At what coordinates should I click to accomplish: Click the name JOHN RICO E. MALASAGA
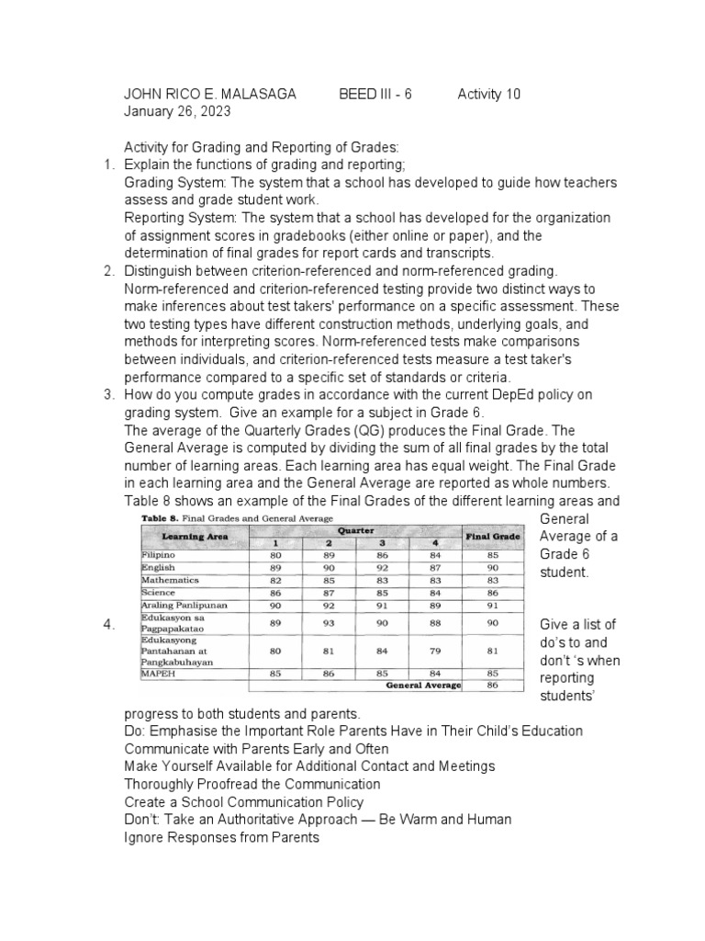(210, 95)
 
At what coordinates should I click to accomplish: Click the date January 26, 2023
(177, 112)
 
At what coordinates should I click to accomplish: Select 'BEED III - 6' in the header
(375, 95)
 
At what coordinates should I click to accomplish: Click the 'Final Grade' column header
(493, 536)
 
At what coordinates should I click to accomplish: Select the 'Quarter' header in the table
(355, 530)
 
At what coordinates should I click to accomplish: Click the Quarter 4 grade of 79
(434, 651)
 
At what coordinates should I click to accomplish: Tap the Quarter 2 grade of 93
(329, 624)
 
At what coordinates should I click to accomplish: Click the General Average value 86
(493, 685)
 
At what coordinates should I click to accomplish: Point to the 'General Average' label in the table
(423, 685)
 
